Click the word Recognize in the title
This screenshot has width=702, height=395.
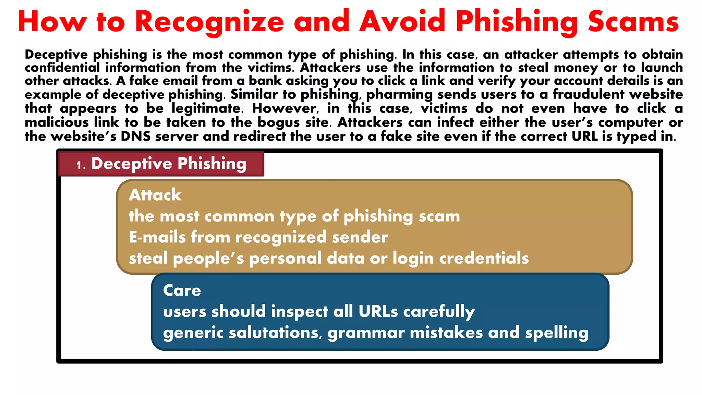209,22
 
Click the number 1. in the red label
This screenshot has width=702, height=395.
81,165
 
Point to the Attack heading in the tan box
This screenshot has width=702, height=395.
155,195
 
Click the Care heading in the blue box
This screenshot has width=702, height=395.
182,290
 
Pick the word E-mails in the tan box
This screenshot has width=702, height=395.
157,237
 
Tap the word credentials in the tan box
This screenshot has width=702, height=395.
484,258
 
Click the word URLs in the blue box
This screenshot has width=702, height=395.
378,312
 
